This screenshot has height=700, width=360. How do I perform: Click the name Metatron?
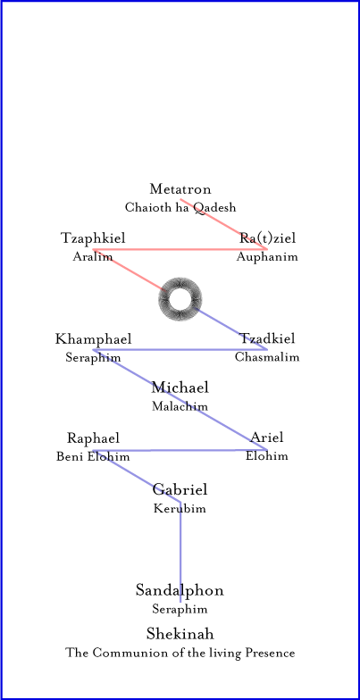(x=180, y=189)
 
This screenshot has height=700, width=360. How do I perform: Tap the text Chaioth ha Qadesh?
(x=180, y=207)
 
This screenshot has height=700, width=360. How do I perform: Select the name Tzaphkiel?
(x=93, y=238)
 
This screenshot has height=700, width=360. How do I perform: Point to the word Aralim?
(x=93, y=257)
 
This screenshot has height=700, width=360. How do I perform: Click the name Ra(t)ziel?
(x=267, y=238)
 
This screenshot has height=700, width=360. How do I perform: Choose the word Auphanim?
(x=267, y=257)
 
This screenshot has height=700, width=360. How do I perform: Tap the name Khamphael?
(x=93, y=339)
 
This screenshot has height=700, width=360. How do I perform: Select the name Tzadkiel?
(x=267, y=339)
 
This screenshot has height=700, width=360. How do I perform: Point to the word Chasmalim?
(x=267, y=357)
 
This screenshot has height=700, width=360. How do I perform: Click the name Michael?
(x=180, y=387)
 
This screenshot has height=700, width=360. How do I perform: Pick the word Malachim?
(x=180, y=406)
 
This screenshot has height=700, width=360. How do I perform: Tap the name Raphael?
(x=93, y=438)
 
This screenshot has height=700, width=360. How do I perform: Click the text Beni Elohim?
(x=93, y=457)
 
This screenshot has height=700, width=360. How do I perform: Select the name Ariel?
(x=266, y=437)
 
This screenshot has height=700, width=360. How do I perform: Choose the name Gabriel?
(x=180, y=489)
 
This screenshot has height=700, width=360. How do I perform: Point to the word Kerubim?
(x=180, y=509)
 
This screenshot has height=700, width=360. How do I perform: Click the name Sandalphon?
(x=180, y=591)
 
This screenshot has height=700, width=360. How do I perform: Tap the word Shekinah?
(x=180, y=634)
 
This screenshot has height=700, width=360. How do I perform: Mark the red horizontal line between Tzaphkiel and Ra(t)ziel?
(x=180, y=249)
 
